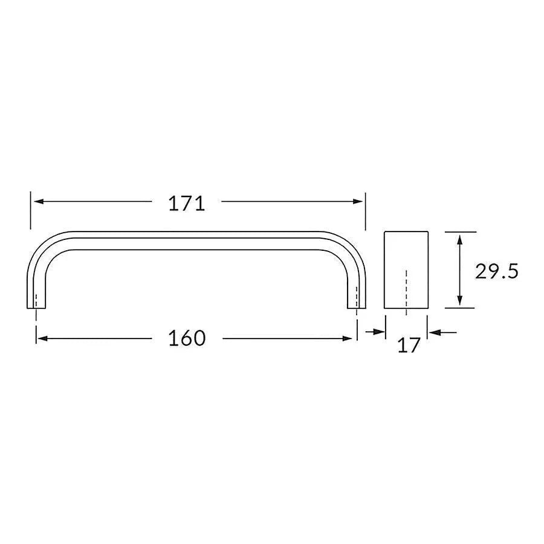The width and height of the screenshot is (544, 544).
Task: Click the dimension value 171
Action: click(x=187, y=204)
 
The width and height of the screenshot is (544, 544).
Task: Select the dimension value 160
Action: click(x=187, y=338)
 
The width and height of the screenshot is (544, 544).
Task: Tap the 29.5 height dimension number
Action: click(x=496, y=271)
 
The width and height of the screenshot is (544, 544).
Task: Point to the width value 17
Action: click(x=409, y=346)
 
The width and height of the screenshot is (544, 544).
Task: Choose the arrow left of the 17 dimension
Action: click(x=379, y=331)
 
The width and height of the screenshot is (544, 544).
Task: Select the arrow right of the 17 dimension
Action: click(x=435, y=331)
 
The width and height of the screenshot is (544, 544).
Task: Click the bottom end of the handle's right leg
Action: click(x=357, y=307)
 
